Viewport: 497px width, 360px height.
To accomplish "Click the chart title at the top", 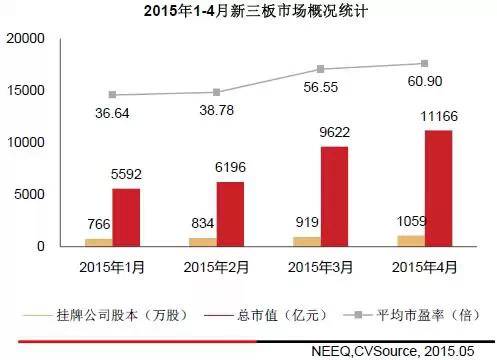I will pos(247,13).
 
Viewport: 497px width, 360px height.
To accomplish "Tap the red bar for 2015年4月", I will pos(438,188).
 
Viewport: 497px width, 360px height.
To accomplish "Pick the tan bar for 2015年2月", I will pos(202,242).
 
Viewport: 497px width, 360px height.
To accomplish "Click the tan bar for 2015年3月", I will pos(306,241).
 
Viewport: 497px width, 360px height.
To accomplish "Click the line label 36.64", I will pos(112,113).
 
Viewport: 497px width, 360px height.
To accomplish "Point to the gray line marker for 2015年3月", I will pos(320,69).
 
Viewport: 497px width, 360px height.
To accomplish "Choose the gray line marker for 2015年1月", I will pos(112,95).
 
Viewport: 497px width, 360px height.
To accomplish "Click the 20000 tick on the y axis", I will pos(27,38).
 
